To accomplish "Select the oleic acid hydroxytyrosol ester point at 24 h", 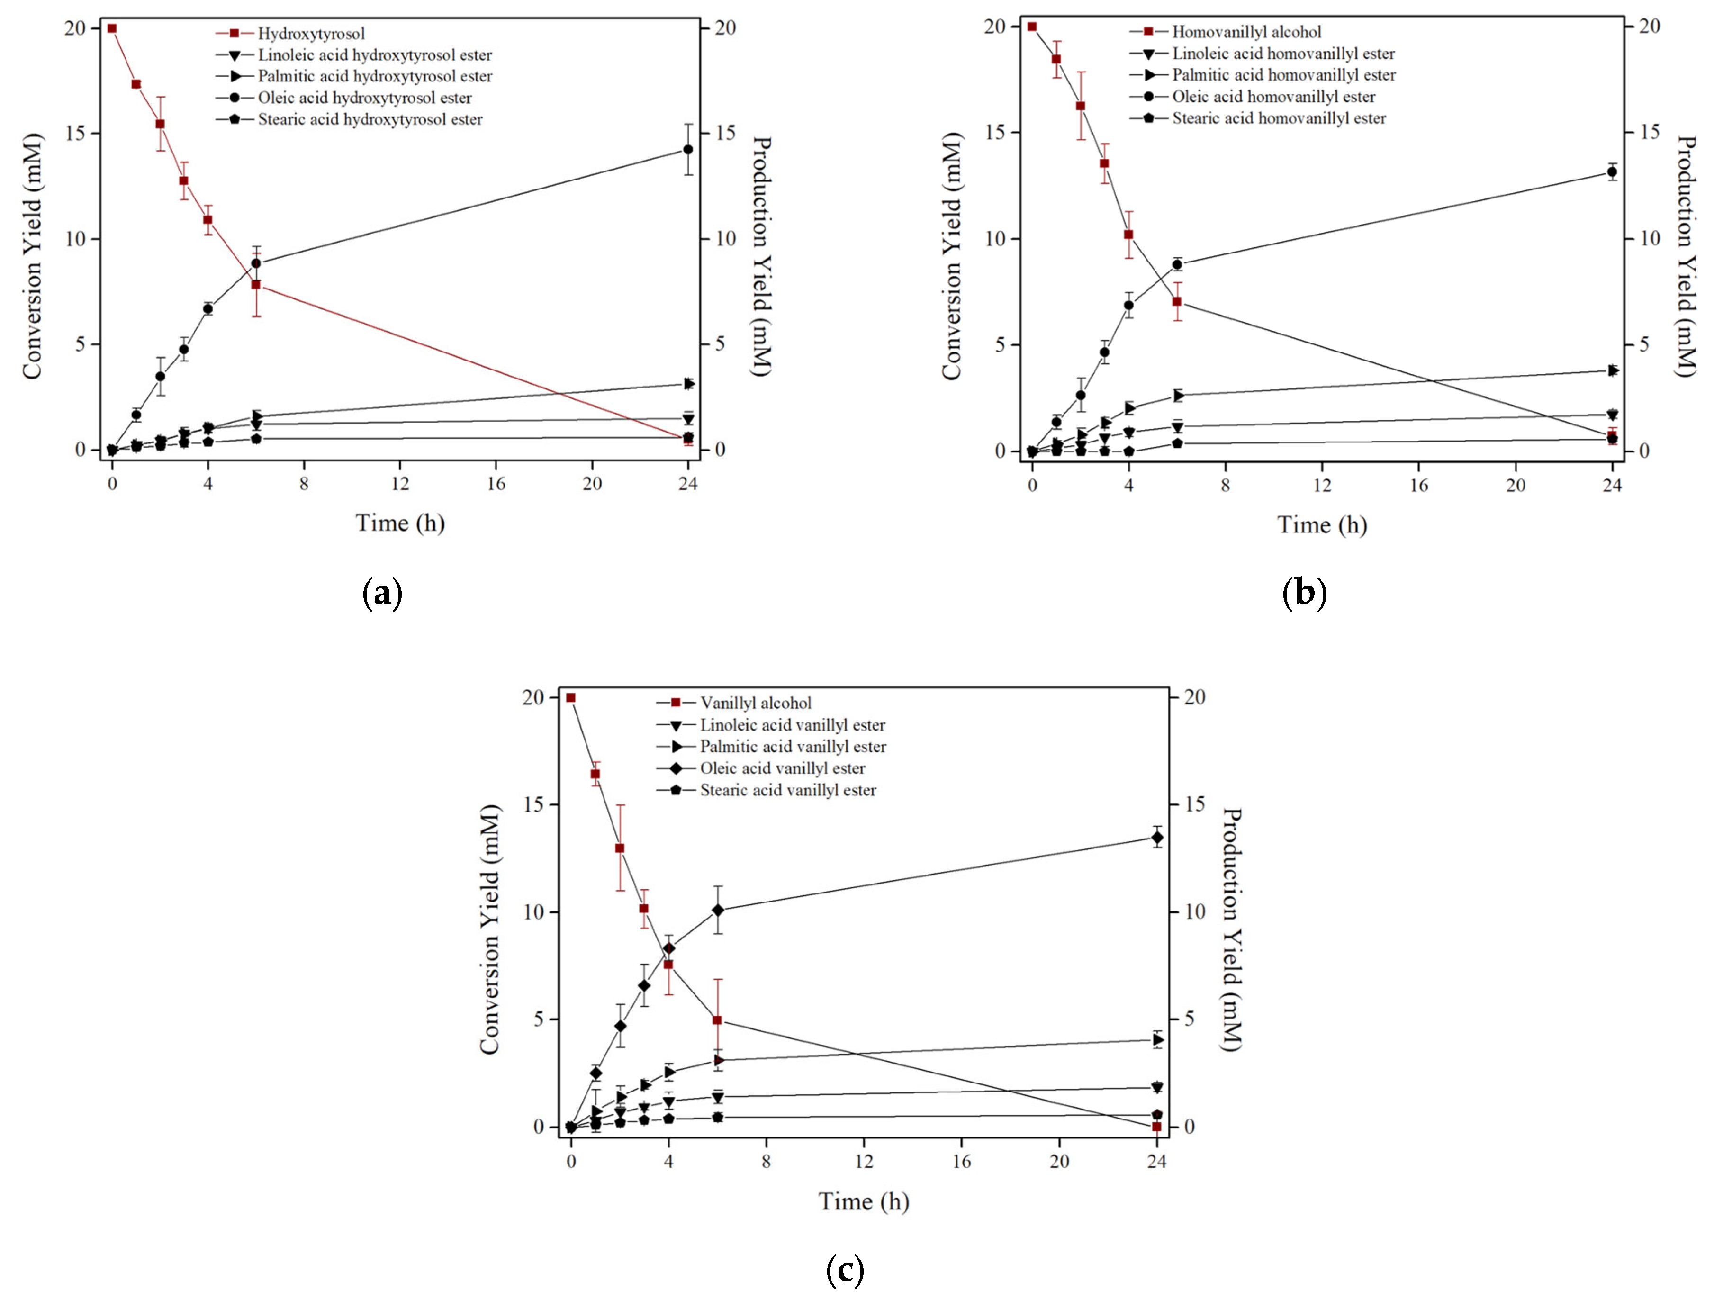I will pos(687,150).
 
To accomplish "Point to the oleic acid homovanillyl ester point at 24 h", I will pos(1612,172).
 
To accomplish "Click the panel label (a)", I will pos(382,594).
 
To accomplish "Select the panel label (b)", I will pos(1304,594).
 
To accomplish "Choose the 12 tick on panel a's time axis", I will pos(400,484).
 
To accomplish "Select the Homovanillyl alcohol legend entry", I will pos(1246,32).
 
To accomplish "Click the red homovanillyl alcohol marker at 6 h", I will pos(1176,301).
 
